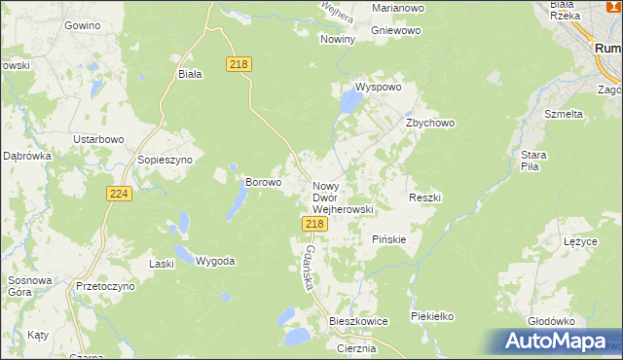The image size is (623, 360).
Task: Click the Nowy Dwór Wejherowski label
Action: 343,197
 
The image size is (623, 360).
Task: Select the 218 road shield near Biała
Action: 239,64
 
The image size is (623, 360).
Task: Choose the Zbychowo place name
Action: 430,124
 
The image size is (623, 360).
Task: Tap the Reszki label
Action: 425,198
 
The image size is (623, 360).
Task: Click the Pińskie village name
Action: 389,239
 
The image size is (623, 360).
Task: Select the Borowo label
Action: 263,182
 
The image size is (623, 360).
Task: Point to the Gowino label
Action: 82,24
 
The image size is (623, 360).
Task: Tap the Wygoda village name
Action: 215,262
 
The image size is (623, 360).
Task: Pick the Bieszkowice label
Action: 358,321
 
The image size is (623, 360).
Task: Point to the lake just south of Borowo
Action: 237,202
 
